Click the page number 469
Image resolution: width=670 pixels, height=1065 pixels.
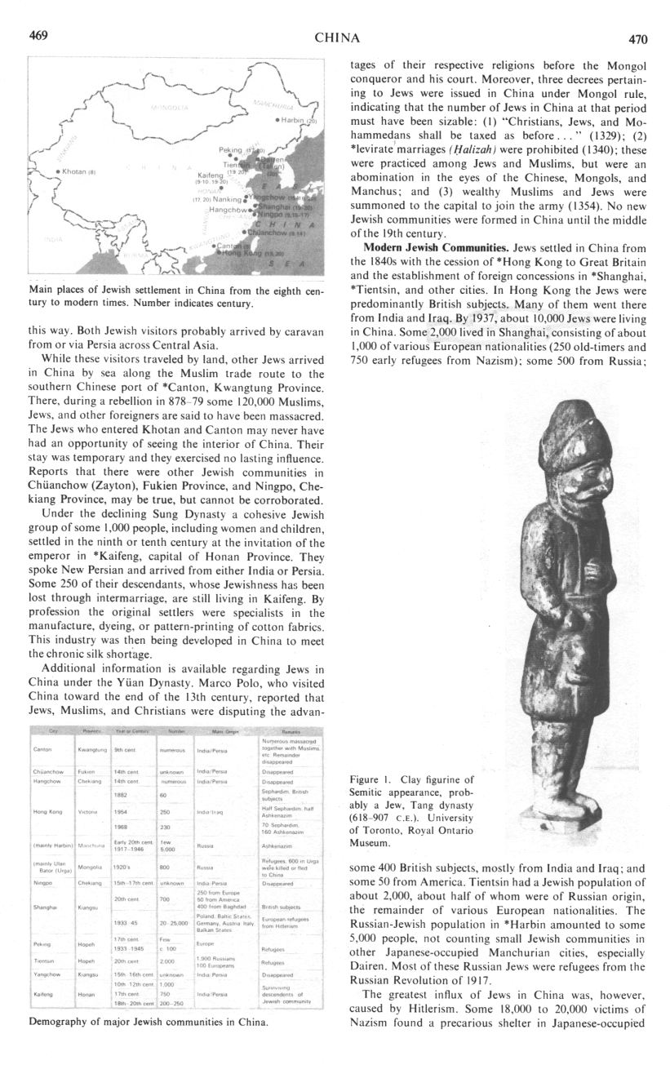click(x=38, y=35)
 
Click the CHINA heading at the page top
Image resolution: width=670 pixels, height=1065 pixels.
click(x=337, y=38)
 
